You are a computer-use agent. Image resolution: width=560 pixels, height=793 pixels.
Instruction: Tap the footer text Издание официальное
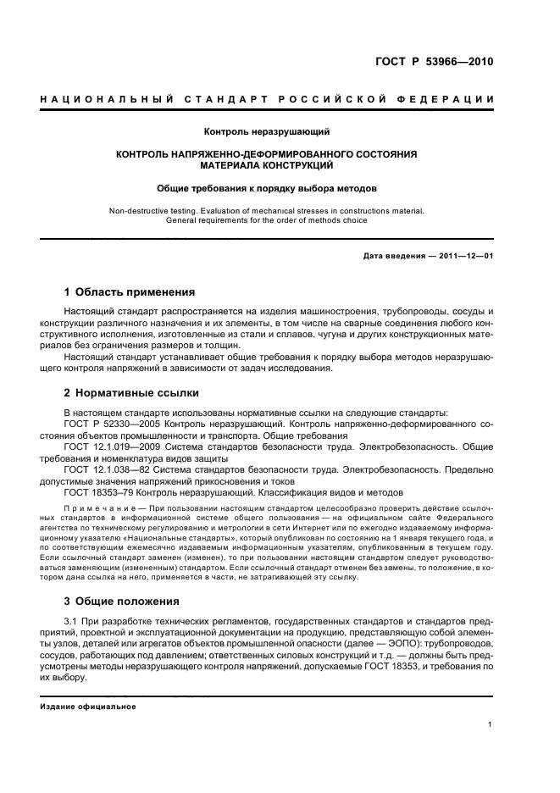(x=88, y=707)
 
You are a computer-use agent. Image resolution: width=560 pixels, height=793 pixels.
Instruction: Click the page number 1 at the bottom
(x=491, y=725)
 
